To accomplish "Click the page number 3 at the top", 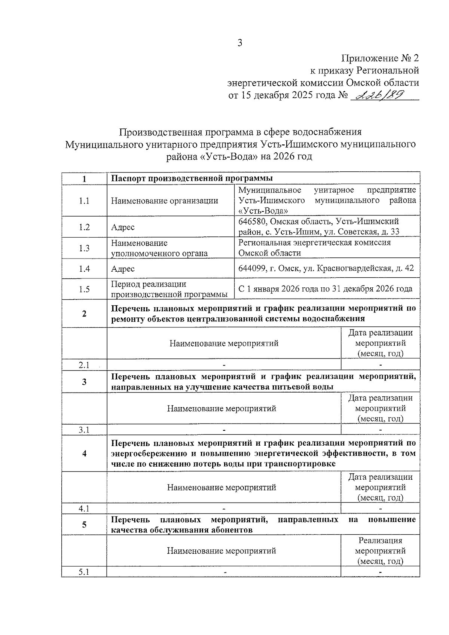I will click(240, 43).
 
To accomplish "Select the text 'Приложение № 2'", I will click(380, 58).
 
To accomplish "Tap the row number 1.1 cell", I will click(84, 201).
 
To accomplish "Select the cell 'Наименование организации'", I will click(165, 201).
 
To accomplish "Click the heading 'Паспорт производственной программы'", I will click(192, 178).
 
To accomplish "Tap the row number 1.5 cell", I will click(84, 289).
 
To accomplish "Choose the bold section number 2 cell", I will click(84, 314).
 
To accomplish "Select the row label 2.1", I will click(84, 365).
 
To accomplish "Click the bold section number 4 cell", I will click(84, 454).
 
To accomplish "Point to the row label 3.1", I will click(84, 430).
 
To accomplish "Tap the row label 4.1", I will click(84, 509).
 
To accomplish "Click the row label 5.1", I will click(84, 572).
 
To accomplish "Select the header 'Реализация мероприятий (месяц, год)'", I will click(380, 551).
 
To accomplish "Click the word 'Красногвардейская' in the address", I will click(355, 269).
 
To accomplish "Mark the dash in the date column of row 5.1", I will click(380, 573).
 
